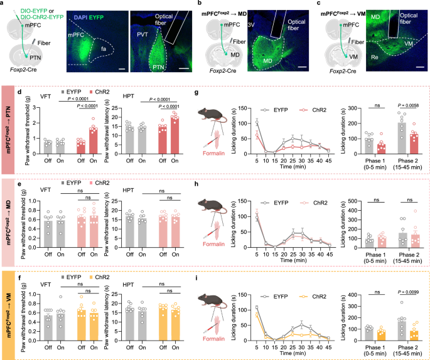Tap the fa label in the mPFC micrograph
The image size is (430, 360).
[100, 46]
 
